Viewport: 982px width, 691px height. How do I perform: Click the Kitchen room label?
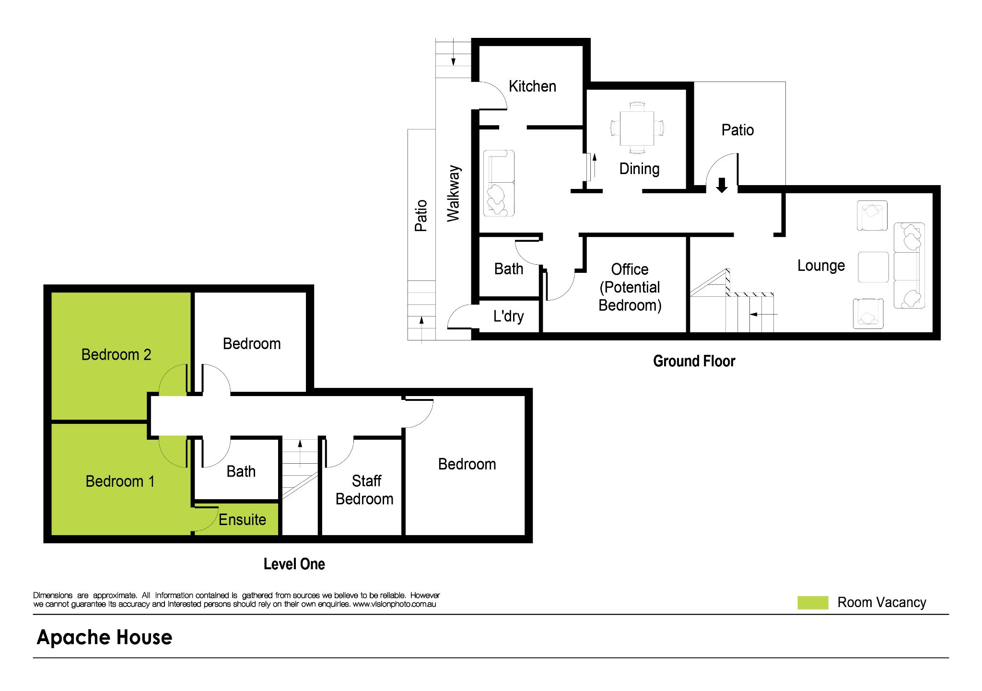[532, 86]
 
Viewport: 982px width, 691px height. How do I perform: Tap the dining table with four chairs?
[637, 128]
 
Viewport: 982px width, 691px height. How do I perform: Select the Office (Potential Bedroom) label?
[630, 287]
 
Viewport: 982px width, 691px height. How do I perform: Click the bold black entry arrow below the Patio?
[722, 185]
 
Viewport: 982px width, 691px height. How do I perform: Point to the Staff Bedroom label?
[365, 490]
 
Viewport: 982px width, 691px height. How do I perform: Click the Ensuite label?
[242, 520]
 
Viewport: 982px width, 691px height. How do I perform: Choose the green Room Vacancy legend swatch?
[812, 603]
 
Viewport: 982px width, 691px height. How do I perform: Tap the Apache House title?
[105, 637]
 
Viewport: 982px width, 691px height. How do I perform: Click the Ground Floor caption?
[694, 361]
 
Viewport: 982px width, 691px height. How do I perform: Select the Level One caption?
[294, 564]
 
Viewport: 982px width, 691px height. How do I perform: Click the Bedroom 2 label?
[116, 355]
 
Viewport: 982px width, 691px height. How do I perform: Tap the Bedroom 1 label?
[120, 481]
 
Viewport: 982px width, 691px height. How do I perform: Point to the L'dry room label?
[508, 316]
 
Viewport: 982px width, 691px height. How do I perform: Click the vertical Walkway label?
[454, 194]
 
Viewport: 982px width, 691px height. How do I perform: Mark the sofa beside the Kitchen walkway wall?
[499, 183]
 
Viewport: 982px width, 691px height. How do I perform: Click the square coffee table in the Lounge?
[873, 267]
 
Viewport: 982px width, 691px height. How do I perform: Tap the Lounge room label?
[821, 266]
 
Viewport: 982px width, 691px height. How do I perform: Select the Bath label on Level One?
[241, 471]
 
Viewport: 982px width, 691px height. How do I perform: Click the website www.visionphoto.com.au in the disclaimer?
[394, 604]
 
